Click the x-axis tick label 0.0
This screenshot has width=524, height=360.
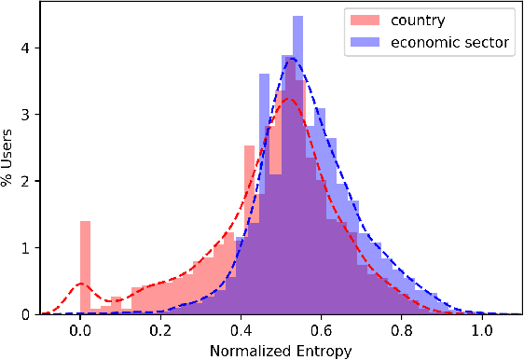click(x=81, y=329)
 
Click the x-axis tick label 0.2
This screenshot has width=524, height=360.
click(x=161, y=329)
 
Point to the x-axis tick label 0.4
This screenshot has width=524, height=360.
click(x=241, y=329)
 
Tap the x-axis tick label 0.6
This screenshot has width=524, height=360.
click(x=322, y=329)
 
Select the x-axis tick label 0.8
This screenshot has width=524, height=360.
click(x=402, y=329)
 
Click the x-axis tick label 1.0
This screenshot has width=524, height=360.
click(x=482, y=329)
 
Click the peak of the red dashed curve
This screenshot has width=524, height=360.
click(x=289, y=99)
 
